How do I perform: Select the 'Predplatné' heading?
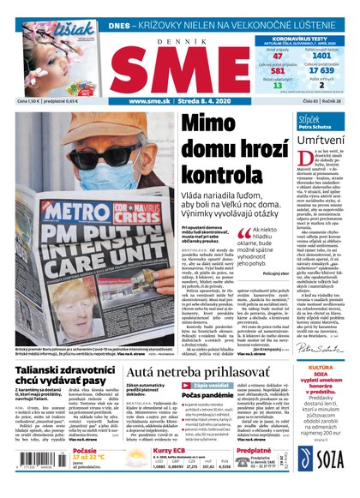254,447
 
